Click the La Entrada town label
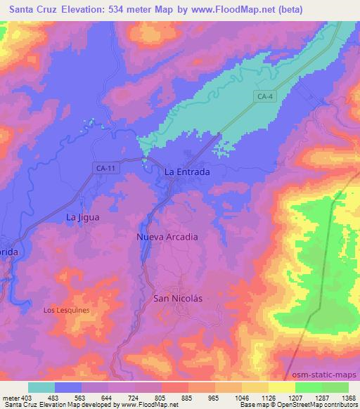[187, 171]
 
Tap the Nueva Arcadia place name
[167, 237]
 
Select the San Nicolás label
[177, 298]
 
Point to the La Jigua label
[82, 217]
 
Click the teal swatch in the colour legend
[42, 387]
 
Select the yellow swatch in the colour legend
[282, 387]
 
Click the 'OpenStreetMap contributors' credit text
[323, 405]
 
